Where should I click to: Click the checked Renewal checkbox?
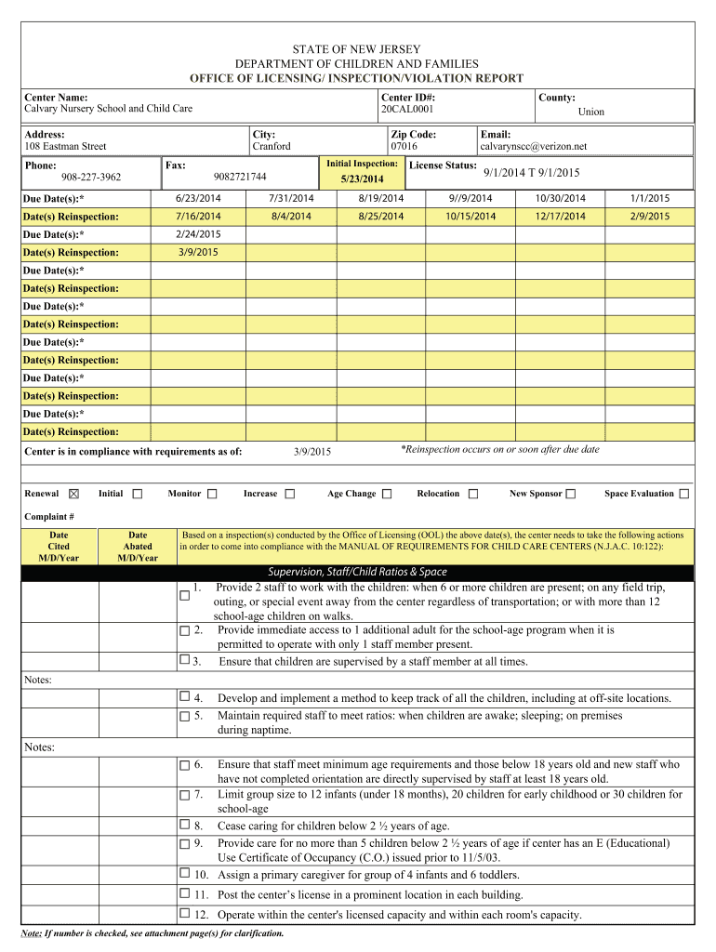74,494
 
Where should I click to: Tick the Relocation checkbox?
473,494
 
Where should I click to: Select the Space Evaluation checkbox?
684,494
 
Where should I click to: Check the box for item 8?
184,825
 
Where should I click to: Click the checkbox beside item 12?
184,914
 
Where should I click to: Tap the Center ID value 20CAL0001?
407,110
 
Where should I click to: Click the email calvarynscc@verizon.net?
533,147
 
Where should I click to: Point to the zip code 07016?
404,147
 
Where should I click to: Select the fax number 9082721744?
239,177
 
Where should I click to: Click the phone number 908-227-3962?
91,178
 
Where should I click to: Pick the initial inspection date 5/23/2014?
362,178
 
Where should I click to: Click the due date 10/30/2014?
561,199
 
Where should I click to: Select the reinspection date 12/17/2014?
561,217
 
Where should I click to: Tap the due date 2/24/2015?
197,234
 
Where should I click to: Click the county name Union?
590,112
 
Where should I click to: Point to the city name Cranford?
272,147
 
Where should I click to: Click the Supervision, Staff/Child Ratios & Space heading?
358,572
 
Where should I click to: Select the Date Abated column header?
138,547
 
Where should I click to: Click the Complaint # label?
49,517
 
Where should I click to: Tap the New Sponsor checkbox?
571,494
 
